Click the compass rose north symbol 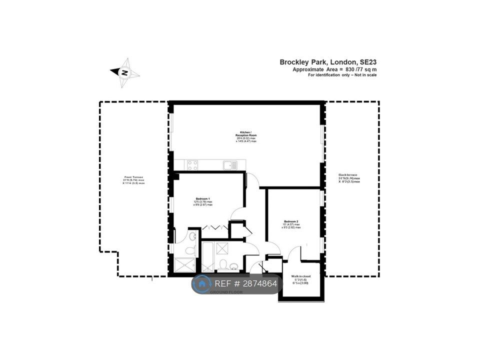point(125,72)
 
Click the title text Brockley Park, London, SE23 point(328,62)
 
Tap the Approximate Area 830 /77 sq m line point(334,69)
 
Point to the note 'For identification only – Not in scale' point(342,75)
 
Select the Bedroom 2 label point(291,224)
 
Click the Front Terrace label point(133,180)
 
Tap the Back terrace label point(349,178)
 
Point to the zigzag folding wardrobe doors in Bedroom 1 point(213,228)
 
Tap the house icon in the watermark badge point(202,284)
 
